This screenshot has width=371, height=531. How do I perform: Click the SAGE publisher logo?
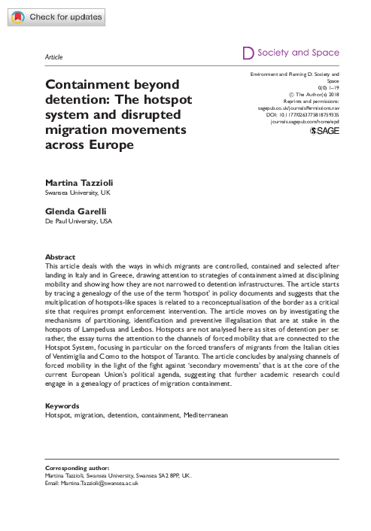(324, 131)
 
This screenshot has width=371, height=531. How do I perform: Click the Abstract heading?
(60, 257)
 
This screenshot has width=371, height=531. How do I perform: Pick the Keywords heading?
(62, 405)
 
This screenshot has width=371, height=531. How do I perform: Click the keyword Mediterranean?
(202, 414)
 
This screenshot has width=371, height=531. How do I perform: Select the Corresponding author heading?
(78, 468)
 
